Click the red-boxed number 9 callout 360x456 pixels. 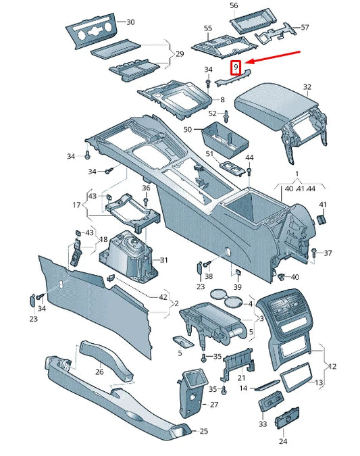[235, 68]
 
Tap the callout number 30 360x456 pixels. [130, 22]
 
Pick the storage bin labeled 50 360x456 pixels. [226, 137]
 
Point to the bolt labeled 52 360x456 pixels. [226, 117]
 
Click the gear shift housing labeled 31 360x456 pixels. [128, 257]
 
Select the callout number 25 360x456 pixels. [204, 431]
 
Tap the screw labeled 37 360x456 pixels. [314, 253]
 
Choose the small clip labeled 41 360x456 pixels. [321, 220]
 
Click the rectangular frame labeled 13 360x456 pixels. [296, 377]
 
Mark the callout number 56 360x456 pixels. [234, 5]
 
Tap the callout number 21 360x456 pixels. [241, 378]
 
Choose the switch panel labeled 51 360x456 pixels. [232, 168]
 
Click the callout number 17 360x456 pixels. [77, 205]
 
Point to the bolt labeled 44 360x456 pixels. [249, 172]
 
